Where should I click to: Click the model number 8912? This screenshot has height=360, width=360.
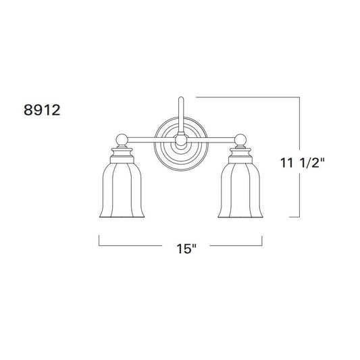42,110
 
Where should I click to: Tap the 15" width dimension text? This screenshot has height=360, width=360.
186,249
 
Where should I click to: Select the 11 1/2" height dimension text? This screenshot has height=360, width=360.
302,163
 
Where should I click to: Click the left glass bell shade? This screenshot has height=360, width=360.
122,190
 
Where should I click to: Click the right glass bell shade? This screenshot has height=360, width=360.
240,190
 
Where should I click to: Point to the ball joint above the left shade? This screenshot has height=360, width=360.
122,140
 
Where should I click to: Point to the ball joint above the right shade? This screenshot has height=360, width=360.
240,140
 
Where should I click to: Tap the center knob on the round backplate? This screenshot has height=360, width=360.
181,140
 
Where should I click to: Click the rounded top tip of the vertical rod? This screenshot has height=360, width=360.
181,98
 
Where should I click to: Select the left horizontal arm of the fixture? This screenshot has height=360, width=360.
151,140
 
